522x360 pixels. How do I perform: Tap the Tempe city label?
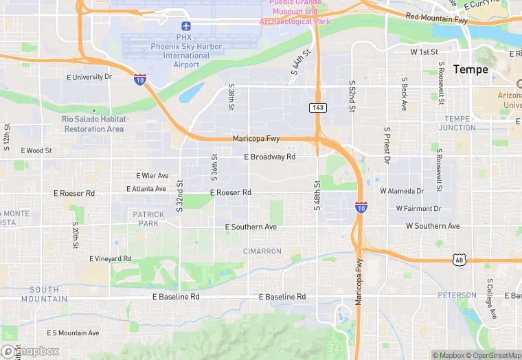coord(470,69)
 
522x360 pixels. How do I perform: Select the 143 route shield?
coord(317,107)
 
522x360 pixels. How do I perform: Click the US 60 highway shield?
coord(459,259)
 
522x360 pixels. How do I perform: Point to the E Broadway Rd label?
coord(270,157)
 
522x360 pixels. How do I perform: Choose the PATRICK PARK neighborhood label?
coord(148,218)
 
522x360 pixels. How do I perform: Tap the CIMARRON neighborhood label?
coord(262,251)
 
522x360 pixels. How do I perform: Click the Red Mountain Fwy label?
coord(436,19)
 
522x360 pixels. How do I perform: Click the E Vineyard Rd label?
coord(110,258)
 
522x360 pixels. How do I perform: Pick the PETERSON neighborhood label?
coord(457,295)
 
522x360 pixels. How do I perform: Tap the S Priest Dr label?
coord(387,145)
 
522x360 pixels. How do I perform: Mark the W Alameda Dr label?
coord(402,190)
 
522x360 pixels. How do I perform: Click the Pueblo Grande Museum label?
coord(295,12)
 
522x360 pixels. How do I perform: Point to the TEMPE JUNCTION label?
coord(457,123)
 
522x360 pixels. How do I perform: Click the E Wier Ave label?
coord(152,176)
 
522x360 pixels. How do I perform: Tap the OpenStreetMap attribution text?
coord(495,355)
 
